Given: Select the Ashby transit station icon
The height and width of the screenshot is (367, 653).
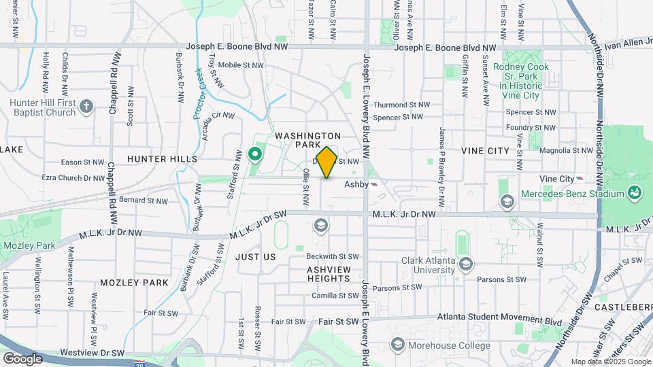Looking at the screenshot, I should pos(374,184).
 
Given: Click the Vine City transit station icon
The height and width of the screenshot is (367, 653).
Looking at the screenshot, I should pos(580,178).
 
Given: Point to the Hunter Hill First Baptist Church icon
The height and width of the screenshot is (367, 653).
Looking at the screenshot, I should pos(86,105).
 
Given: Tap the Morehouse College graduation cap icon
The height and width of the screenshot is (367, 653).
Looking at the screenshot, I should pos(397,345).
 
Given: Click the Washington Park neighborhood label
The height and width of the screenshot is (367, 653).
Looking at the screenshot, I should pos(308,141).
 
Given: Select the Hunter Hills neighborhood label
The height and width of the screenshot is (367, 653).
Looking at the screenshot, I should pos(162,159).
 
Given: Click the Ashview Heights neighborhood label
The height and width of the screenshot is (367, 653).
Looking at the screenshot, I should pos(329,274).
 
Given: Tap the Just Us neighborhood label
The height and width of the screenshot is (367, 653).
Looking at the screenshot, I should pos(256,257).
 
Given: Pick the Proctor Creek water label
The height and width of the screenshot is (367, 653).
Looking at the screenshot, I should pos(199,93).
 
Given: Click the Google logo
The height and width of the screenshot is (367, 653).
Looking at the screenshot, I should pos(22,358).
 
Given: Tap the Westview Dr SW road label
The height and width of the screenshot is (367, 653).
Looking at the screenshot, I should pos(93,353).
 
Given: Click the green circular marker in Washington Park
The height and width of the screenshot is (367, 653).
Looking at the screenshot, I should pos(256,156).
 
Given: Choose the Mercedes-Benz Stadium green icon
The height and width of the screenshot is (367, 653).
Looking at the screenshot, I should pos(635,193).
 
